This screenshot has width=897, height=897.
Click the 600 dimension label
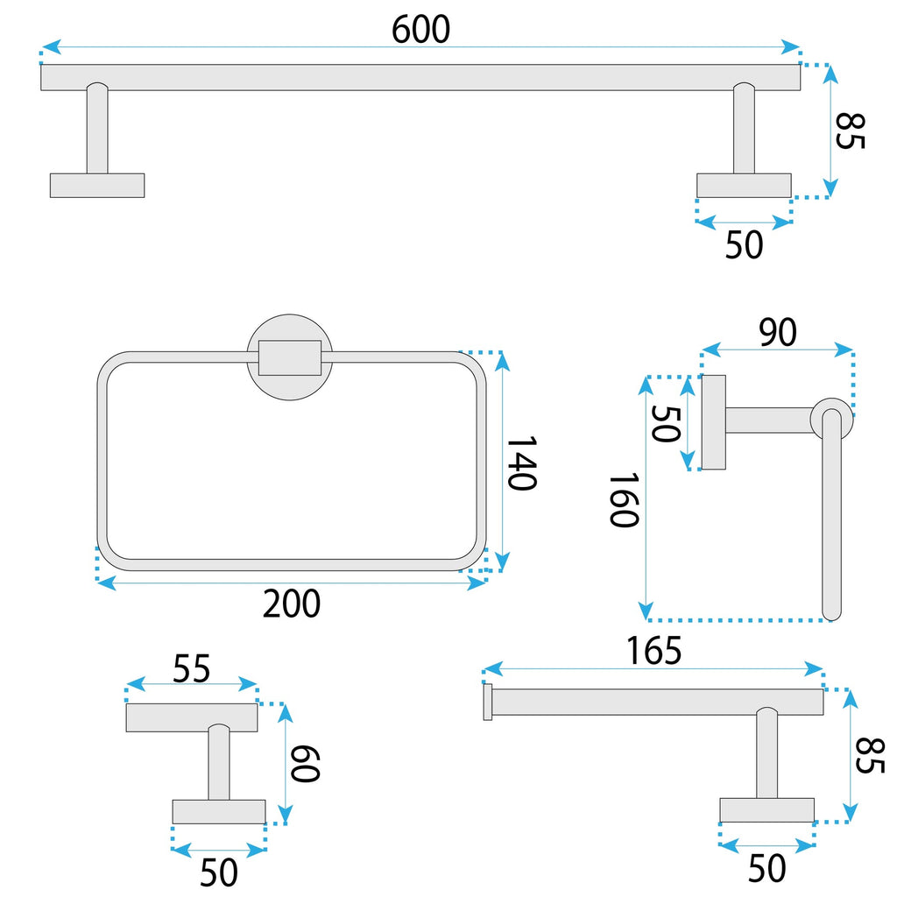[420, 30]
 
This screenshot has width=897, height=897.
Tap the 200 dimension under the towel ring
[293, 604]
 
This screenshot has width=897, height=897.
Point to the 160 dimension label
[623, 500]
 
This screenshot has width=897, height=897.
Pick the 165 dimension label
[653, 651]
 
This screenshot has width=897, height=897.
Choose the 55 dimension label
[191, 669]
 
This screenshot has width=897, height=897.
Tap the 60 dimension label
[306, 763]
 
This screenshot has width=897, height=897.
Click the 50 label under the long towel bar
[744, 245]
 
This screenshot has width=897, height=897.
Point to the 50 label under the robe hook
[219, 872]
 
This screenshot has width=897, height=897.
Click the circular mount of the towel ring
[290, 357]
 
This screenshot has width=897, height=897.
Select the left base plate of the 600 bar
[97, 185]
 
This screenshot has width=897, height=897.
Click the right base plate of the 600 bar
[744, 185]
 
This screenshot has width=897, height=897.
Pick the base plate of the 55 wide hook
[218, 811]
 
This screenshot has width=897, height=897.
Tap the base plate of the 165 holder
[766, 809]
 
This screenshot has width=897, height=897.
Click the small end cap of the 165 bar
[488, 703]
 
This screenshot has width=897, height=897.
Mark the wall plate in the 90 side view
[713, 422]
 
